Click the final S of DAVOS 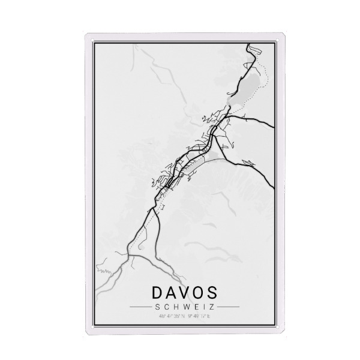click(x=215, y=294)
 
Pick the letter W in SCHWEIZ click(x=180, y=308)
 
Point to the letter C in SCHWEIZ click(x=164, y=308)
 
